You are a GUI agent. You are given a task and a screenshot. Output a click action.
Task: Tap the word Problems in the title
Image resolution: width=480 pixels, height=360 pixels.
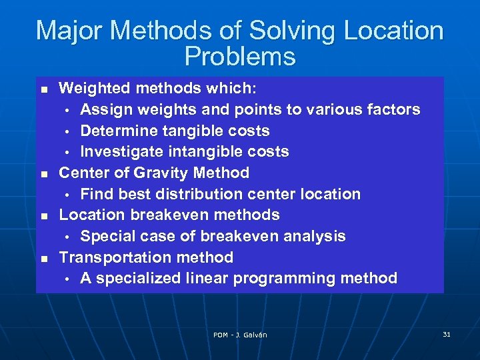(x=239, y=57)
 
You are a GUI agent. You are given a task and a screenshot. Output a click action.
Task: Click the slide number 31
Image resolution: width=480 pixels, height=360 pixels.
(x=447, y=334)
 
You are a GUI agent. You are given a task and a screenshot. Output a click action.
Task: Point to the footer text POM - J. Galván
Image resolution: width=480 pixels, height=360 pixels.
(x=240, y=335)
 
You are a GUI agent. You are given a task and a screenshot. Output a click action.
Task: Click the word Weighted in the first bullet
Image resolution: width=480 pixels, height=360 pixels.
(x=91, y=88)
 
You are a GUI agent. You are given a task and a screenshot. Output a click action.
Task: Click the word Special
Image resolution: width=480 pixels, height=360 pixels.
(x=106, y=236)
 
